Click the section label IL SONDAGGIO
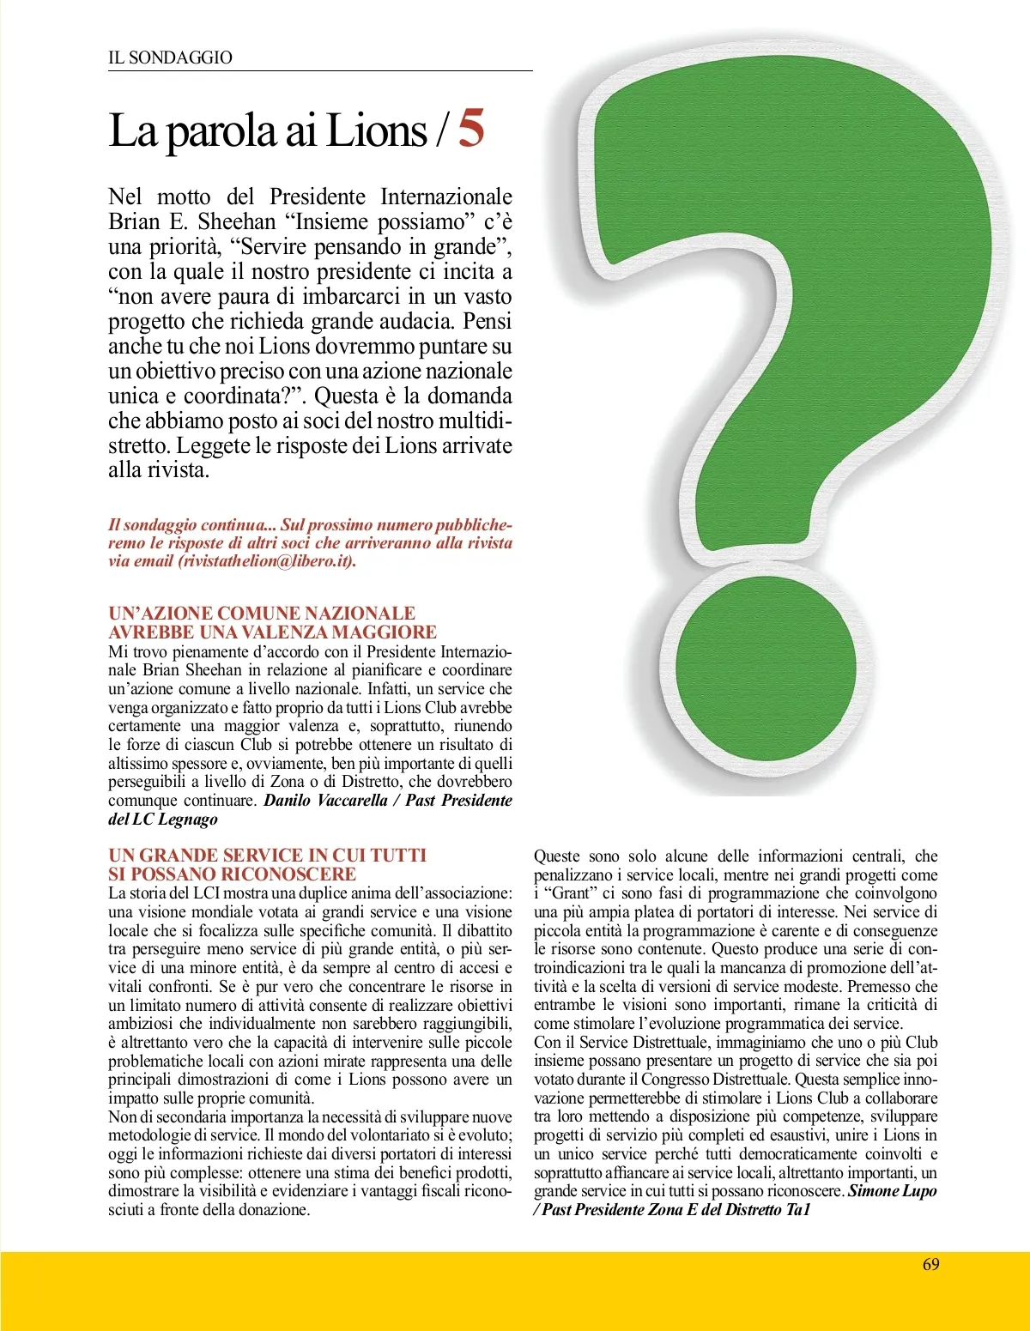coord(170,57)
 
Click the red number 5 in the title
coord(471,129)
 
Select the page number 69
coord(930,1264)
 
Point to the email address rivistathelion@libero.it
coord(266,561)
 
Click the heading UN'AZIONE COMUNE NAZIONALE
coord(262,613)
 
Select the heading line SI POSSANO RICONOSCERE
coord(232,874)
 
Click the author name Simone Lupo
coord(893,1191)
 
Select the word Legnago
coord(188,820)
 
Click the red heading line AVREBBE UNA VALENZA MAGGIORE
coord(272,632)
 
